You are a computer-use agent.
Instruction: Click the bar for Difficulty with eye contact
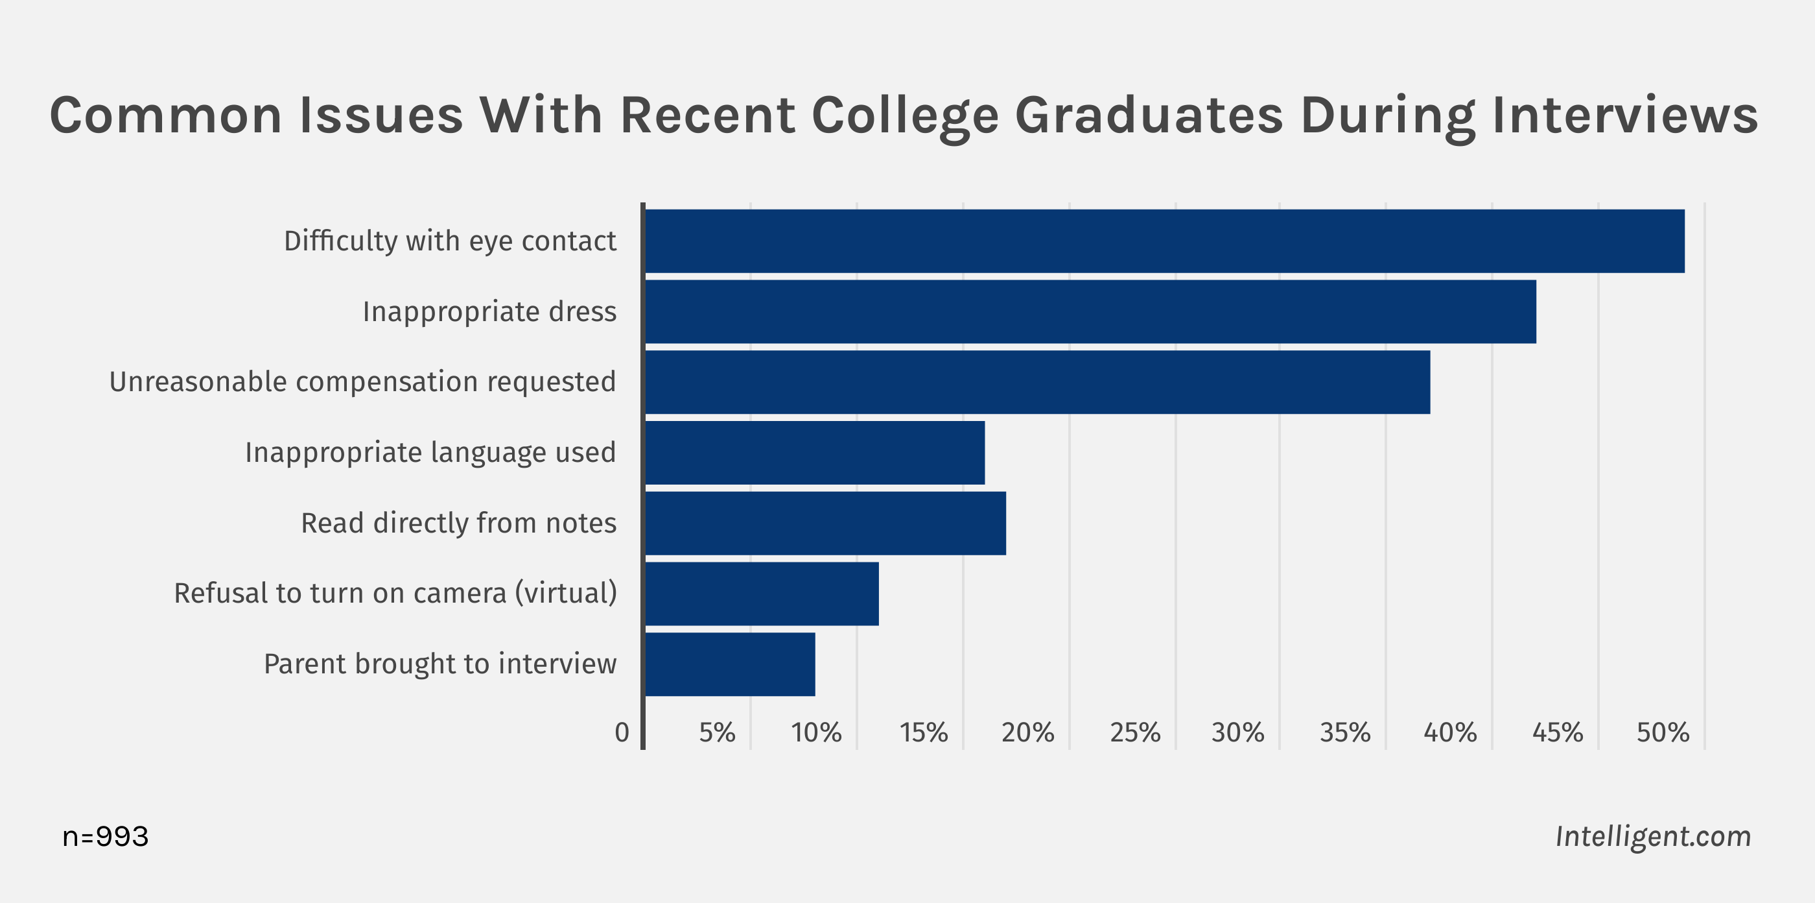pyautogui.click(x=1164, y=241)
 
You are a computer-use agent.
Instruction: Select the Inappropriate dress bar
pyautogui.click(x=1090, y=311)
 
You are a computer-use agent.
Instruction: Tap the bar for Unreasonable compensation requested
pyautogui.click(x=1037, y=382)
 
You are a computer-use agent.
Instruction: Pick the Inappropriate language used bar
pyautogui.click(x=815, y=453)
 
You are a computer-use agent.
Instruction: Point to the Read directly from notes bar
pyautogui.click(x=825, y=523)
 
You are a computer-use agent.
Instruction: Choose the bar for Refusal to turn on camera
pyautogui.click(x=762, y=594)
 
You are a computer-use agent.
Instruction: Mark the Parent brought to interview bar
pyautogui.click(x=730, y=664)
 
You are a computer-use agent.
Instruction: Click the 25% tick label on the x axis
pyautogui.click(x=1135, y=733)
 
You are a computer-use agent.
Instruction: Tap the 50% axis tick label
pyautogui.click(x=1663, y=733)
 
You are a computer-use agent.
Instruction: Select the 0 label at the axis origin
pyautogui.click(x=622, y=733)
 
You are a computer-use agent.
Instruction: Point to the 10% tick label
pyautogui.click(x=816, y=733)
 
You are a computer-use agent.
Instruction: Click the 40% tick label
pyautogui.click(x=1450, y=733)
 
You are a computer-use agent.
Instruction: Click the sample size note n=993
pyautogui.click(x=106, y=837)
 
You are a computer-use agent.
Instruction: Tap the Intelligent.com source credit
pyautogui.click(x=1653, y=837)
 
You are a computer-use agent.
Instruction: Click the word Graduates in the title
pyautogui.click(x=1149, y=116)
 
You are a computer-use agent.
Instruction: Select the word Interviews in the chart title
pyautogui.click(x=1625, y=115)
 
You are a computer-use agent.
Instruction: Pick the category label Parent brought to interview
pyautogui.click(x=440, y=664)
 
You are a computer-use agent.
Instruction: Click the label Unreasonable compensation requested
pyautogui.click(x=363, y=382)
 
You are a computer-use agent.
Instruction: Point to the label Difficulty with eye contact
pyautogui.click(x=451, y=241)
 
